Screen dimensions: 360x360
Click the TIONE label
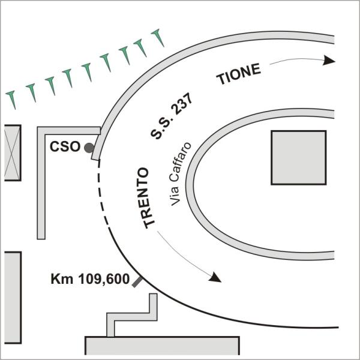239,74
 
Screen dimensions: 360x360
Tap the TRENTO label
146,198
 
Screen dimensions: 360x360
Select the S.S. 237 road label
171,116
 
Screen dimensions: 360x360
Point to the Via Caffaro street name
180,174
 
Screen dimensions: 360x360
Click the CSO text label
65,146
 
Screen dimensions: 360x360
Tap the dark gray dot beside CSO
89,148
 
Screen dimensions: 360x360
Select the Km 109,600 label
90,279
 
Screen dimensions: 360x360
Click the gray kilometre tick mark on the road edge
137,282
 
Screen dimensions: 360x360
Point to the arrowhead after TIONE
329,60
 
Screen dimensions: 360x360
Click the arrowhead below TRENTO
215,277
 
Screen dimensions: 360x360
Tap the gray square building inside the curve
299,157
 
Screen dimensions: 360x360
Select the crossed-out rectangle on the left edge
13,153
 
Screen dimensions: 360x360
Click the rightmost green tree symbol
158,37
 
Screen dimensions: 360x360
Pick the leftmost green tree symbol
11,100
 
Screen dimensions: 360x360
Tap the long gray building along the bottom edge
163,346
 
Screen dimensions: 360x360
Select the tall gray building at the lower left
13,298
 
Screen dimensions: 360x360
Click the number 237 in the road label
183,104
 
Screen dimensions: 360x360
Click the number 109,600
104,280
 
